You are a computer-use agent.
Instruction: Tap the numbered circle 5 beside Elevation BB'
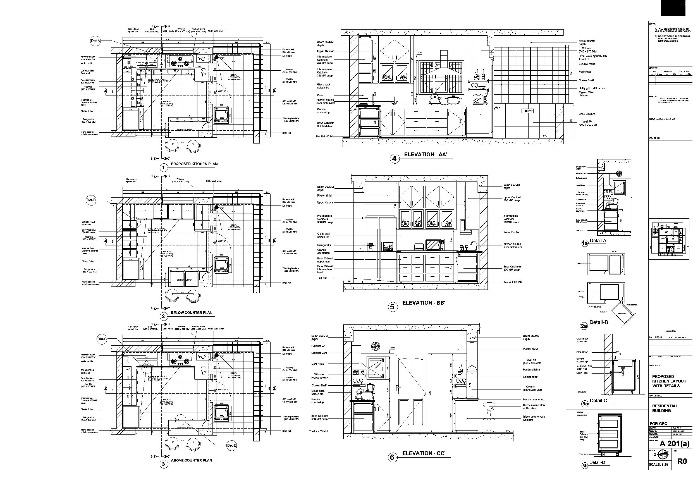392,307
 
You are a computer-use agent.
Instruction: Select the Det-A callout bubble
95,41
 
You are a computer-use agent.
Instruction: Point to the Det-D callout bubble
231,445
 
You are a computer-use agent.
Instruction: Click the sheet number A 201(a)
675,443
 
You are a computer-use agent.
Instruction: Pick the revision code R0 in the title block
682,461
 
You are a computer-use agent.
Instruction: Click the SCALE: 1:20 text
659,464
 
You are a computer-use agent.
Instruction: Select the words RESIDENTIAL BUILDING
665,408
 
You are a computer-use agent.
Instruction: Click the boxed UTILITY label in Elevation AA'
528,111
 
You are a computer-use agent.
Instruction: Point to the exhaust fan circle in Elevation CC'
376,346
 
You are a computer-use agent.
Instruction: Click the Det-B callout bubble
91,200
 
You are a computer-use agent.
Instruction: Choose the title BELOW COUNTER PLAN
191,312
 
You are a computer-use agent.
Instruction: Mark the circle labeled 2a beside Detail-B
584,326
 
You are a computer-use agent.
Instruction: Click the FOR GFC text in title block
658,424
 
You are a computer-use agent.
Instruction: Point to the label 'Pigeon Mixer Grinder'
587,94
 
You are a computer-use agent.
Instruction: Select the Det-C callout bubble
102,339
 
